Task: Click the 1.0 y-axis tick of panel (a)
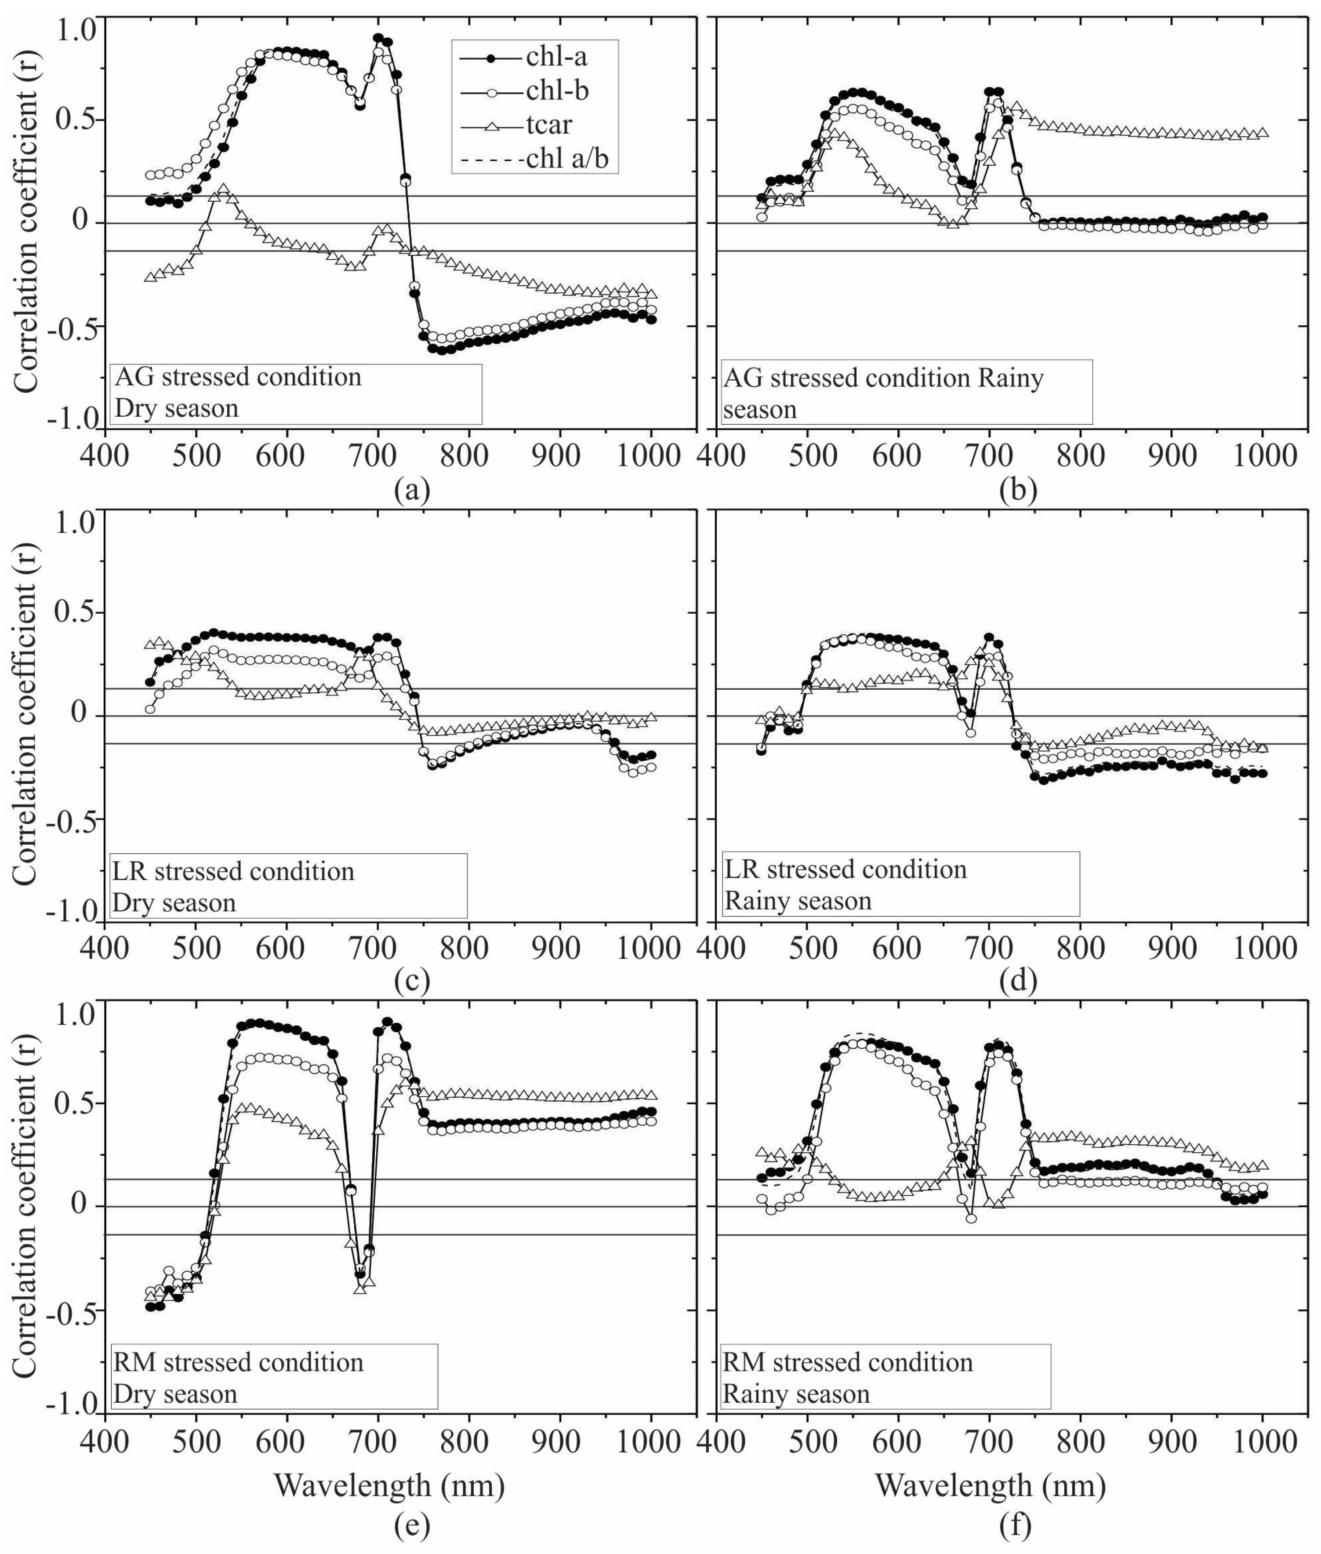77,30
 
